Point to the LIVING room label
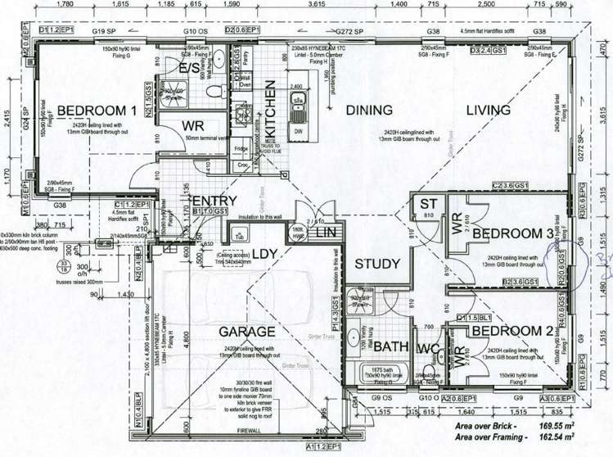[x=489, y=110]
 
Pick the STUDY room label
[x=377, y=264]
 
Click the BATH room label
[x=391, y=348]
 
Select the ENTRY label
[x=214, y=201]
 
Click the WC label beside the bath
[x=427, y=348]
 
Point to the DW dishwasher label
[x=297, y=131]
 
